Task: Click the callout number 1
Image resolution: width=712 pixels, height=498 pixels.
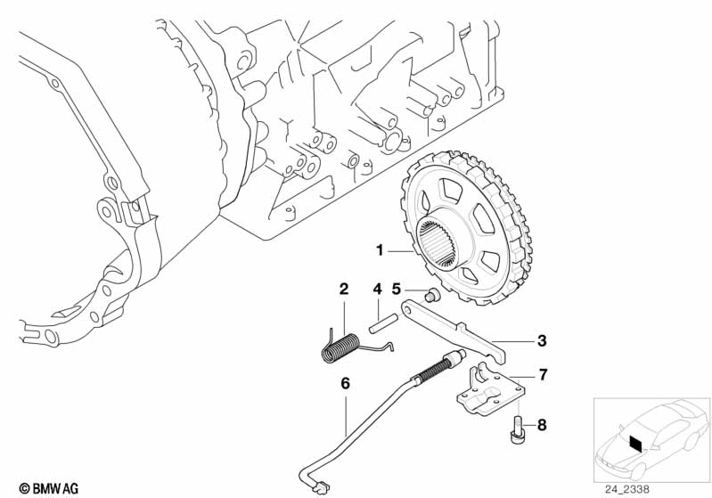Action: [380, 251]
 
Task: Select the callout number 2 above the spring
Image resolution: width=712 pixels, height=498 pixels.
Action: [343, 289]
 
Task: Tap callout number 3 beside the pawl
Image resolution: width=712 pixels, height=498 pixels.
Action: [541, 340]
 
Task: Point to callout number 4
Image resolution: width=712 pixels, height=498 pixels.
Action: [377, 290]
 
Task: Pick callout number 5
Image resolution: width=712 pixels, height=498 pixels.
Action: [397, 290]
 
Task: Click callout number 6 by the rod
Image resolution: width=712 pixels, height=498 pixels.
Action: [345, 384]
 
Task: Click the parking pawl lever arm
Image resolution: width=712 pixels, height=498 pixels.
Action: [454, 331]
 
